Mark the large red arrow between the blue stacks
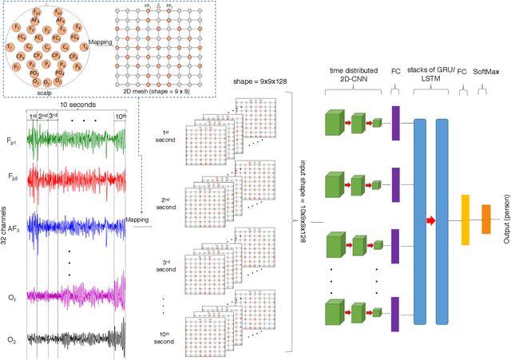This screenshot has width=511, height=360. pos(432,219)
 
